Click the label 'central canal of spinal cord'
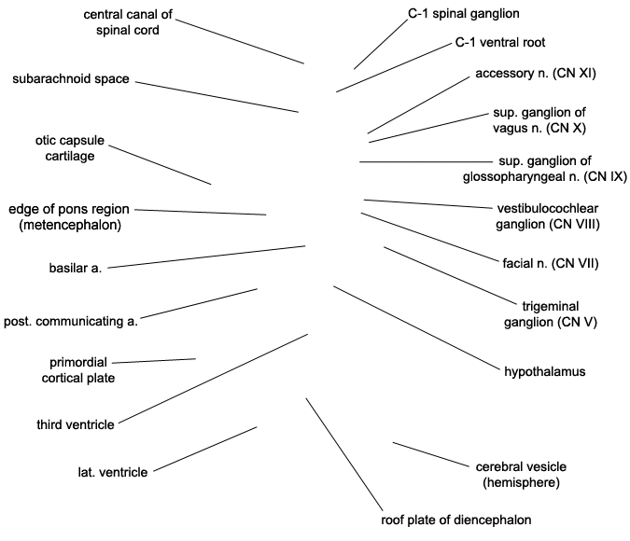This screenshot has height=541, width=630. [x=128, y=22]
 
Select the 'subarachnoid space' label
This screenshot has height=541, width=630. [x=71, y=78]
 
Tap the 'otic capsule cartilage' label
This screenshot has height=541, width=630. [x=70, y=147]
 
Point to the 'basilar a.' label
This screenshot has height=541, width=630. [x=76, y=268]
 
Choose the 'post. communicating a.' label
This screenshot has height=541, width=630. [x=71, y=321]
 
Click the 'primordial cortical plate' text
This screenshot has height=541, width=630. [x=78, y=370]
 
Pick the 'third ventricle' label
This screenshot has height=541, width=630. [x=76, y=424]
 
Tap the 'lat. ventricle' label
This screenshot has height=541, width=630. [x=113, y=472]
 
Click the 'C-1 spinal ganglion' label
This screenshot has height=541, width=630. [x=464, y=14]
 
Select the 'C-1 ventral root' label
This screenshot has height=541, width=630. [x=500, y=42]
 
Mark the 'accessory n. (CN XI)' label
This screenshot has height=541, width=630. [x=536, y=73]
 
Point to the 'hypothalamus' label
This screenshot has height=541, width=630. [x=545, y=371]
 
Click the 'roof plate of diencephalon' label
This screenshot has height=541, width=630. [x=456, y=520]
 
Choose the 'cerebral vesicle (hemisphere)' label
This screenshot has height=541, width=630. [x=521, y=475]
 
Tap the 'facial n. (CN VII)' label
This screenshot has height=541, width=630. [x=551, y=263]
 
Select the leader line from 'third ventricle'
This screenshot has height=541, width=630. [x=214, y=379]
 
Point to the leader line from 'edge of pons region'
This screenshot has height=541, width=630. [x=201, y=212]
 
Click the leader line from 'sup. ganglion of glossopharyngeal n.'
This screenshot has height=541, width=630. [x=426, y=162]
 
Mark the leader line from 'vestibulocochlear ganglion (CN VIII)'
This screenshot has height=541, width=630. [x=427, y=204]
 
